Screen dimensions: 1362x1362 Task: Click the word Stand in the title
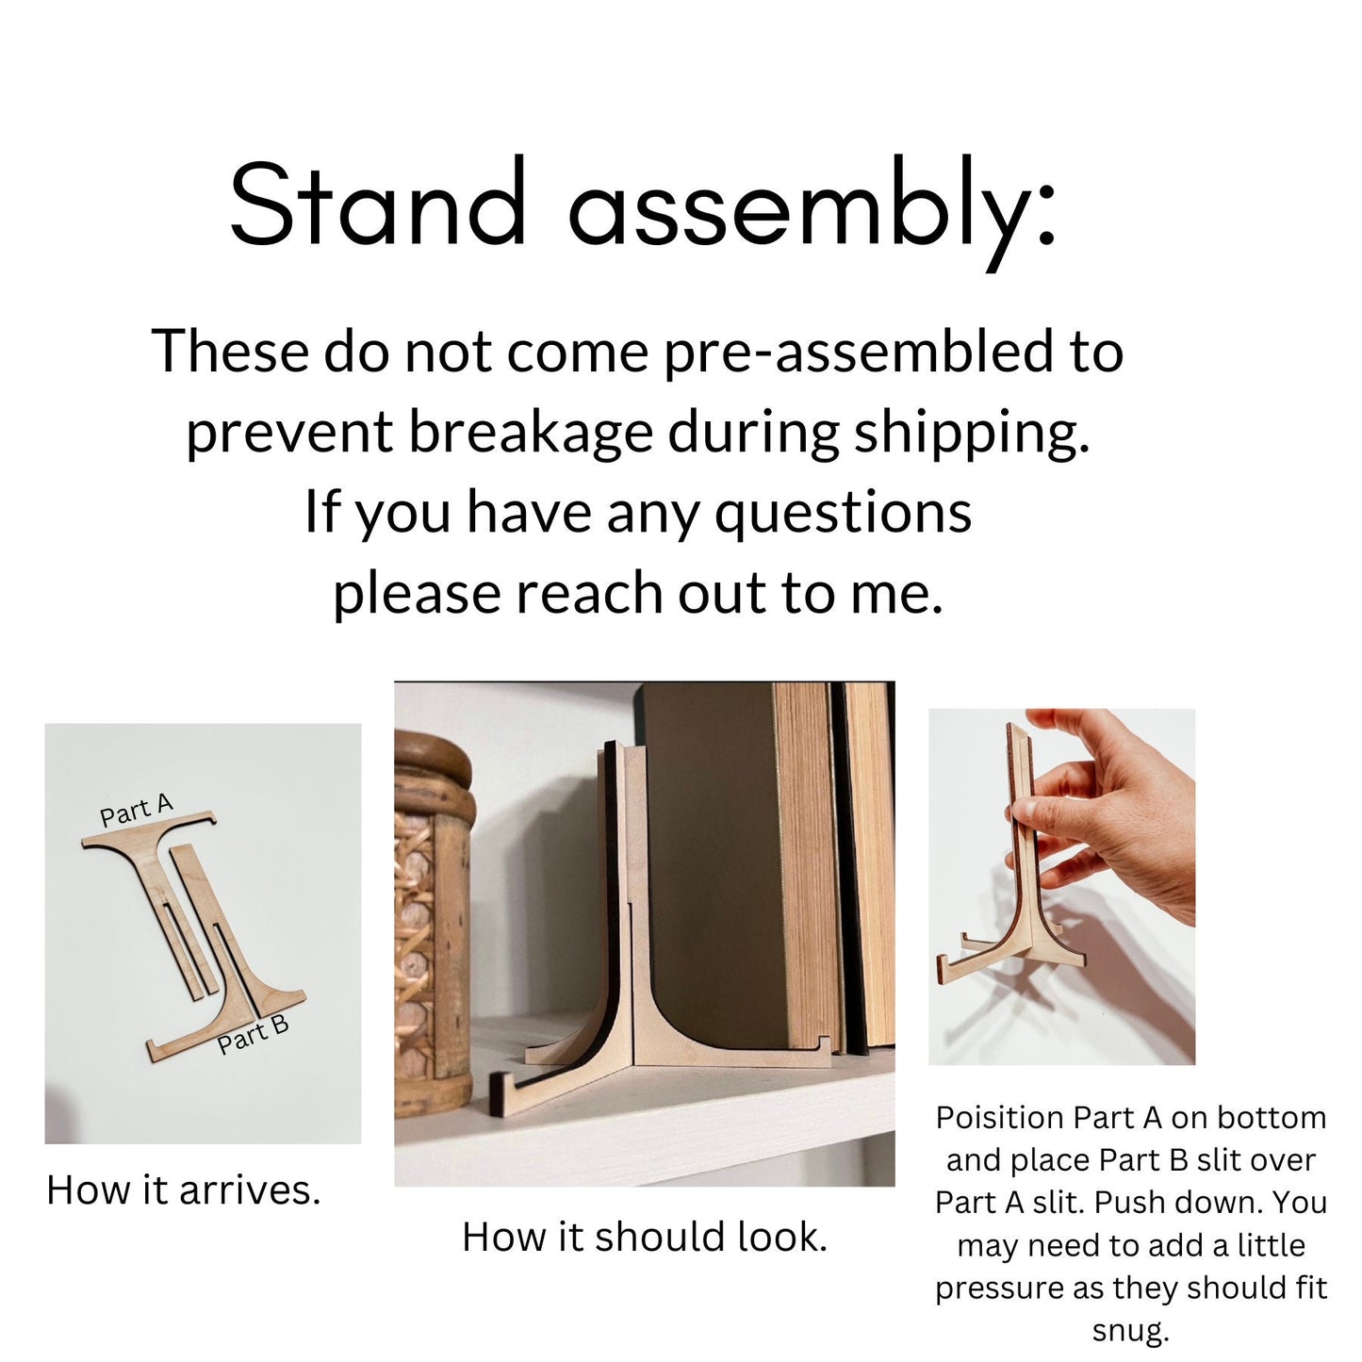378,202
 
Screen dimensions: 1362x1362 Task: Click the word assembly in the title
812,212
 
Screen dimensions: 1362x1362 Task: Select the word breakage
530,433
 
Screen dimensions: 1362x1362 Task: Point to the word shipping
972,433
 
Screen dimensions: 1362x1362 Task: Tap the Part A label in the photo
137,810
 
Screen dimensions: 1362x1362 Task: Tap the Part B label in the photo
253,1036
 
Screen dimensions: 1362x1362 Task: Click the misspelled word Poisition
1000,1118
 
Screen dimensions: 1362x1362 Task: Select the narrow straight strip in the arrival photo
194,920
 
